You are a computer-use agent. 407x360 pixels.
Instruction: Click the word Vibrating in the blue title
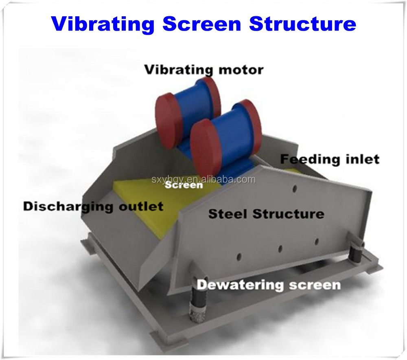coord(103,24)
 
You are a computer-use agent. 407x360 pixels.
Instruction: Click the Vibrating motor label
coord(204,70)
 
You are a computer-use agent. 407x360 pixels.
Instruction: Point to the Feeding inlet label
coord(330,159)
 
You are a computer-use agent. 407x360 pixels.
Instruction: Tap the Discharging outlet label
coord(93,207)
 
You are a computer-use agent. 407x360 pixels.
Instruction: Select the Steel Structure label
coord(266,214)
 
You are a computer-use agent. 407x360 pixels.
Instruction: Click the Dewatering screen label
coord(269,285)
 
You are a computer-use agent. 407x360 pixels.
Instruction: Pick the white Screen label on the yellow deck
coord(184,185)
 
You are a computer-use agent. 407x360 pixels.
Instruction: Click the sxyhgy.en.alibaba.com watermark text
coord(203,179)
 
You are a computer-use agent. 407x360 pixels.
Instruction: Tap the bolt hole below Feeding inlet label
coord(294,189)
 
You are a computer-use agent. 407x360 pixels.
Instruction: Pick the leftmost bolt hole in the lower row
coord(239,257)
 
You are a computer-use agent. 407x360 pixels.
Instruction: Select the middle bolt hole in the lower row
coord(280,249)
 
